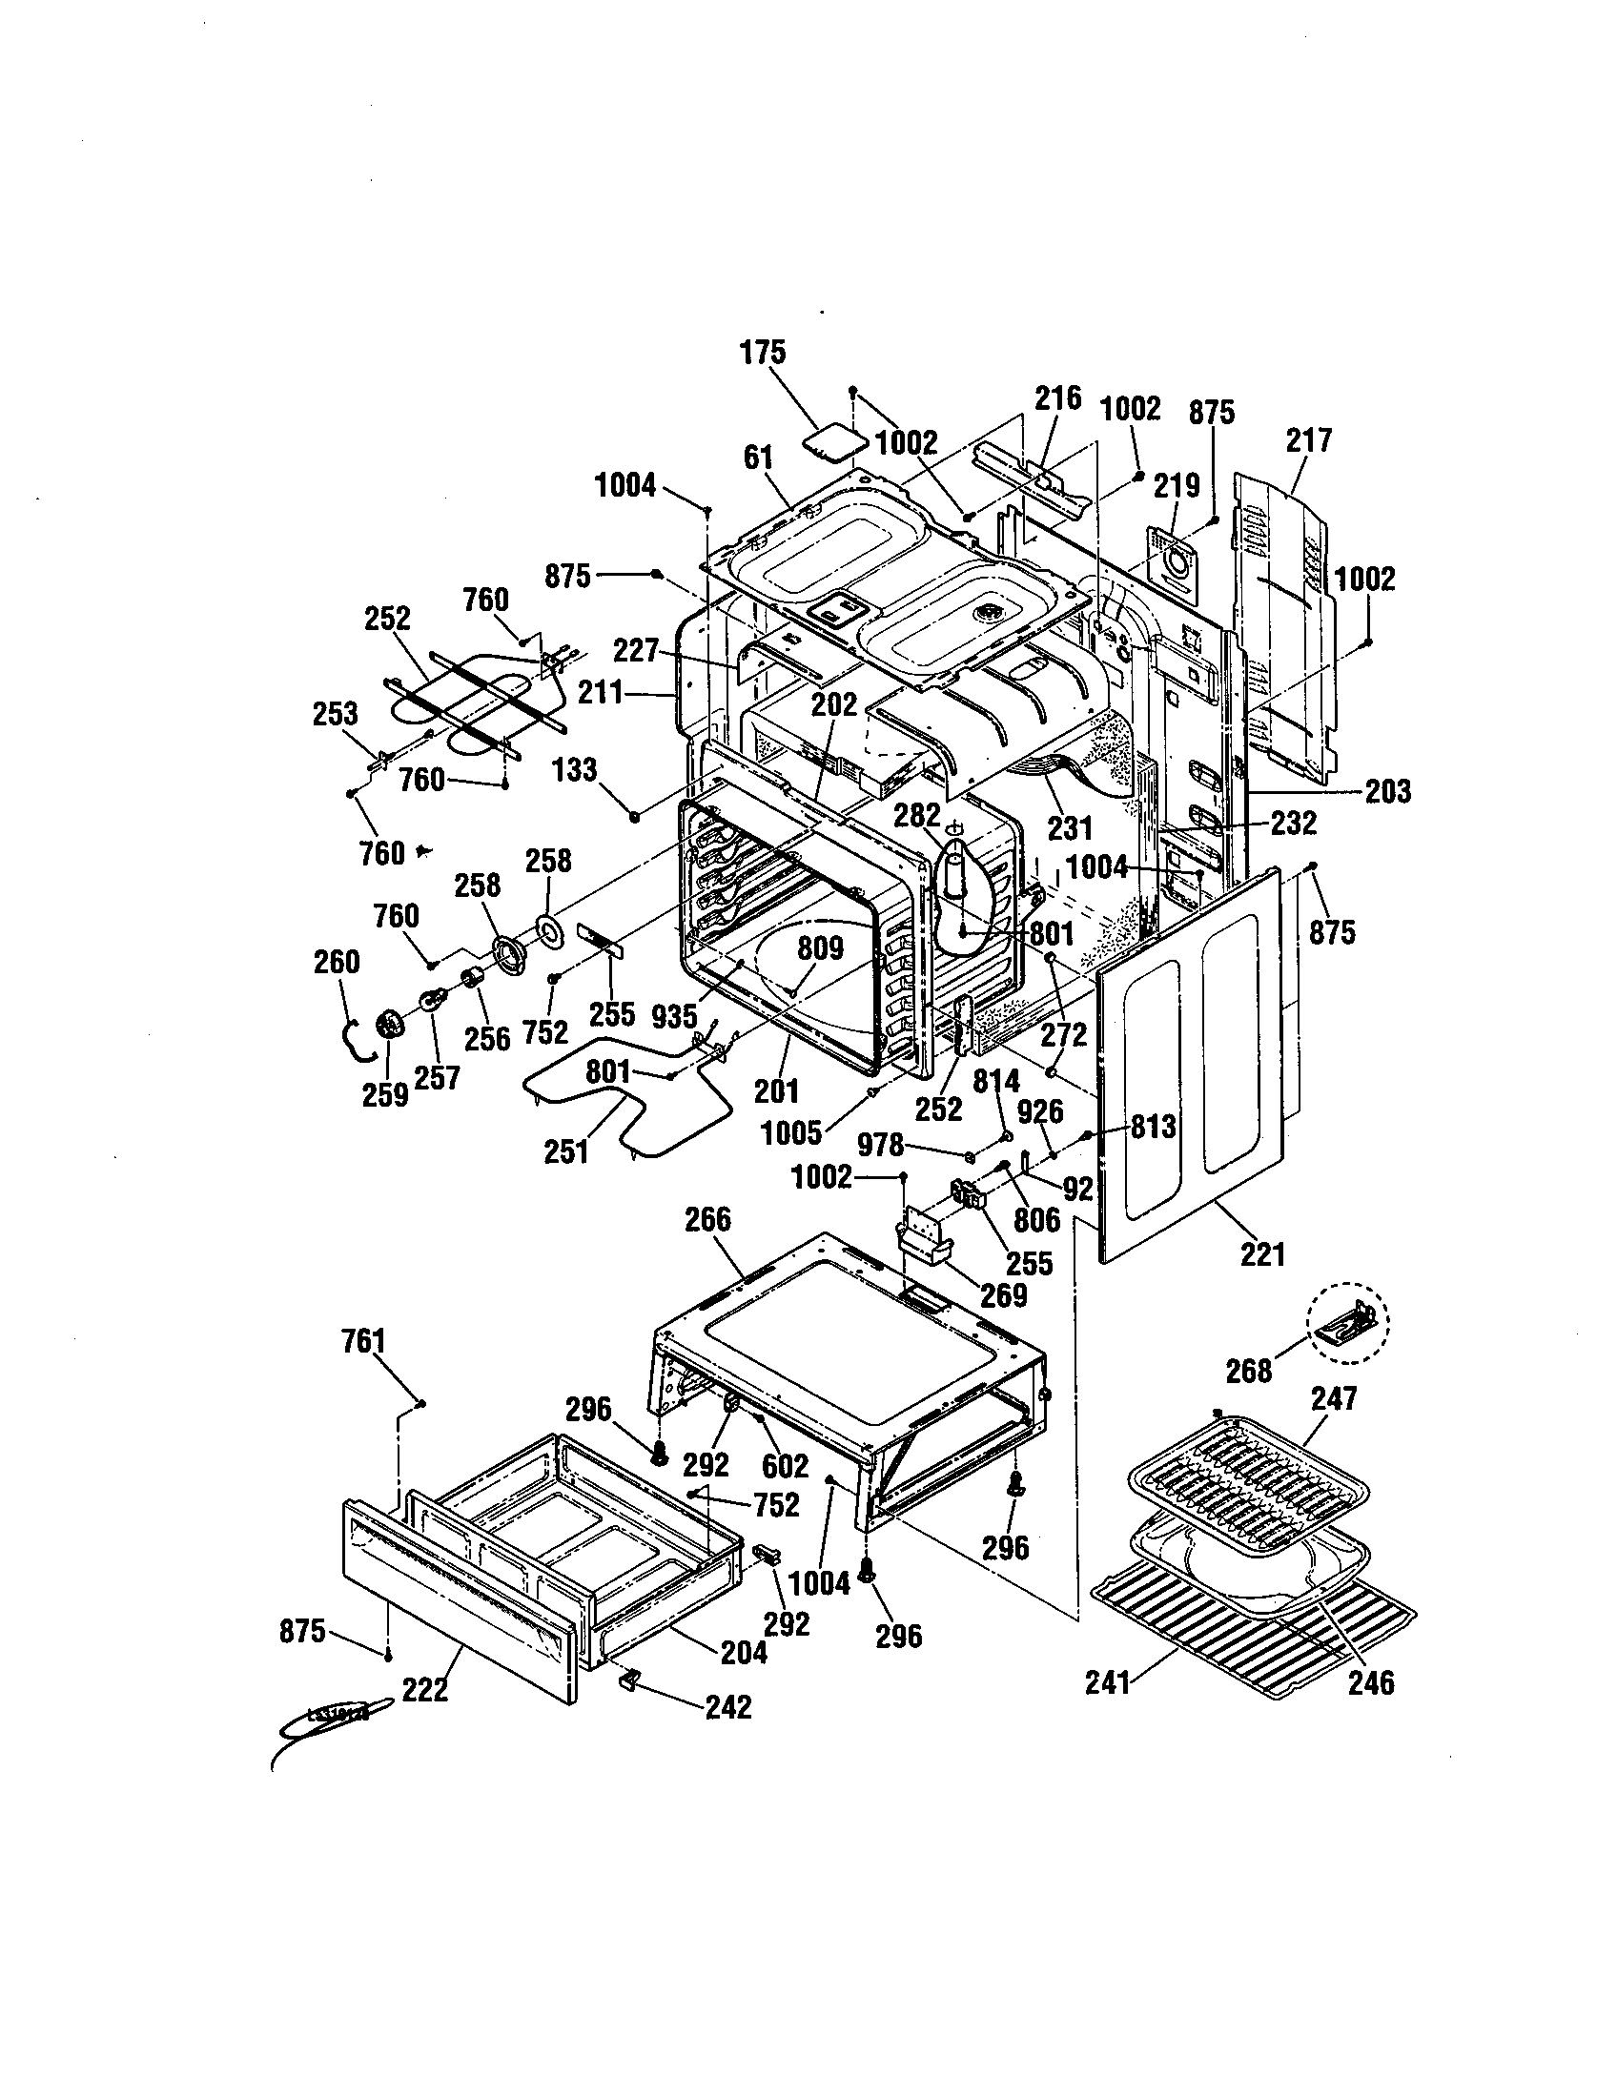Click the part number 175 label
(x=763, y=353)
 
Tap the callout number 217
(x=1309, y=440)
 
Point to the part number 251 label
(x=566, y=1151)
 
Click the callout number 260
(x=338, y=962)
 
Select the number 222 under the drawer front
(x=424, y=1690)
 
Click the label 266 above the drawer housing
(x=707, y=1220)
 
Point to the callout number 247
(x=1335, y=1399)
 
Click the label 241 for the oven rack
(x=1109, y=1682)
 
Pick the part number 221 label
(x=1261, y=1254)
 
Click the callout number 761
(x=364, y=1341)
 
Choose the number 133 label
(x=575, y=770)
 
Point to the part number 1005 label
(x=791, y=1133)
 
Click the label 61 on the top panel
(x=759, y=458)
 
